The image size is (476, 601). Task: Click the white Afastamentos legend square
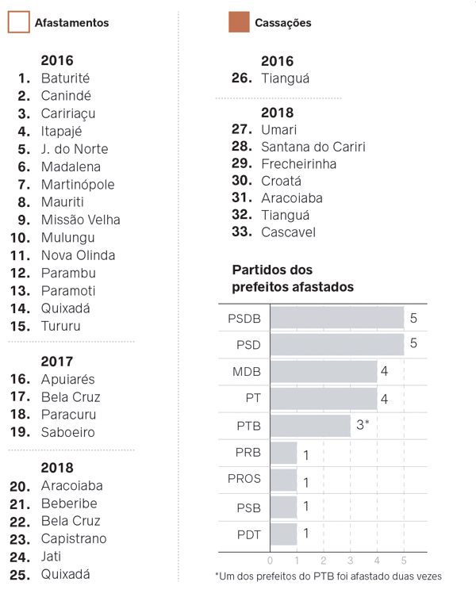(x=18, y=22)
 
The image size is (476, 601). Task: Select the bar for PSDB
(x=337, y=319)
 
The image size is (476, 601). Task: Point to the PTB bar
(x=310, y=426)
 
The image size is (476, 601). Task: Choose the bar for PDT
(x=283, y=534)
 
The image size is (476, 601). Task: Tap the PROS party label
(x=244, y=480)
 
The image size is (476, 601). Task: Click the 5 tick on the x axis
(x=404, y=560)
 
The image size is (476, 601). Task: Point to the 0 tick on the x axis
(x=271, y=560)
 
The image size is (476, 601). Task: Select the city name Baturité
(x=65, y=78)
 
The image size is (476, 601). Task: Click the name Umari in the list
(x=278, y=129)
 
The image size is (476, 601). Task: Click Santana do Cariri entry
(x=313, y=147)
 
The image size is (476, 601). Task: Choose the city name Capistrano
(x=74, y=539)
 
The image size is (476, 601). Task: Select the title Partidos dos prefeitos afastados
(x=292, y=278)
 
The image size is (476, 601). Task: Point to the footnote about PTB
(x=328, y=576)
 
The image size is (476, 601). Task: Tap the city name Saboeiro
(x=68, y=432)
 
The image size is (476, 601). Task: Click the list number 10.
(x=20, y=238)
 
